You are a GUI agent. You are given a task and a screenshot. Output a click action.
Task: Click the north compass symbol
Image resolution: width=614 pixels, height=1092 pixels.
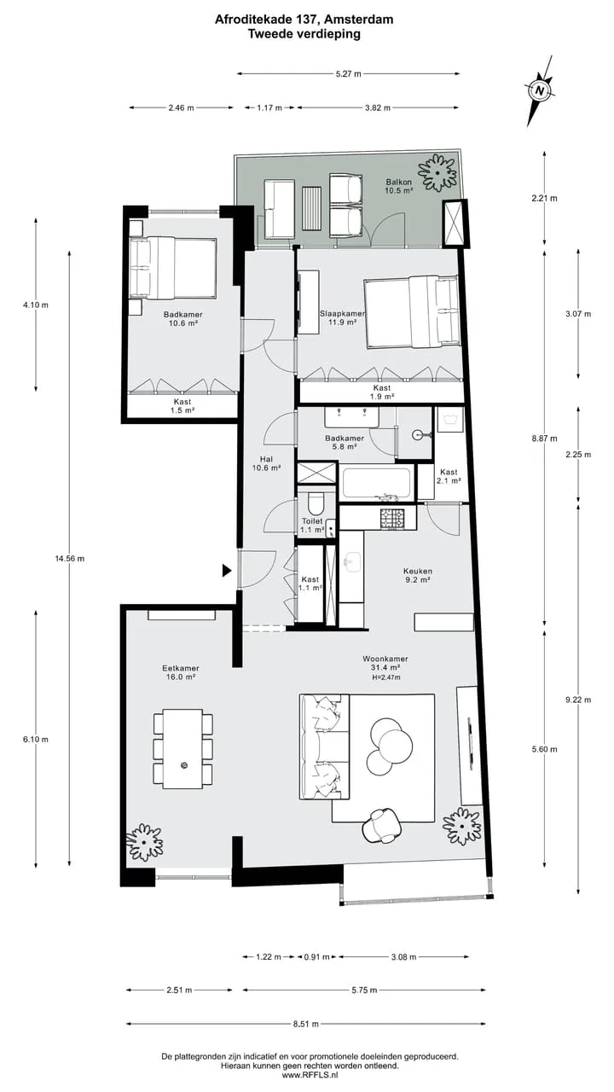tap(540, 90)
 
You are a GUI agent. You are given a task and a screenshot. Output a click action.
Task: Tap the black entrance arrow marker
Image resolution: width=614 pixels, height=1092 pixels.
tap(227, 571)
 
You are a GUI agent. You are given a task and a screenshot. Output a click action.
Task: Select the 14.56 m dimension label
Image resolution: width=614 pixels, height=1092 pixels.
tap(70, 559)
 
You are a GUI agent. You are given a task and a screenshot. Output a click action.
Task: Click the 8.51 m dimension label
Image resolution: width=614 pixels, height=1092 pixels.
tap(306, 1025)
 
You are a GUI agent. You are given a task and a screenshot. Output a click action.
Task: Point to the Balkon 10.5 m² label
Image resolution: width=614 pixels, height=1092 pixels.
tap(399, 186)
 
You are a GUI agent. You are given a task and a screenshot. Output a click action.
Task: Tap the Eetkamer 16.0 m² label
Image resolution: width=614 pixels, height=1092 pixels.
tap(181, 673)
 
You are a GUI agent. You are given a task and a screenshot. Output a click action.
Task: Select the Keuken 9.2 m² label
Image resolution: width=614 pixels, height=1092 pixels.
tap(418, 575)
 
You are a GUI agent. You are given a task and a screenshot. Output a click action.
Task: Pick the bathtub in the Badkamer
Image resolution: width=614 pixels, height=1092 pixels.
tap(376, 484)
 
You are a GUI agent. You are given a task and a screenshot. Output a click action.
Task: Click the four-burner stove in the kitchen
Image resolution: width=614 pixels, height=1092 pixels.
tap(392, 519)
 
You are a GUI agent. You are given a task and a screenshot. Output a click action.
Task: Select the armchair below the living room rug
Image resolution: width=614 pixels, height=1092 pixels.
tap(383, 825)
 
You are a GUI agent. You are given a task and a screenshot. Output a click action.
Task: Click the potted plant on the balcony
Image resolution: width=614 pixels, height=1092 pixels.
tap(437, 173)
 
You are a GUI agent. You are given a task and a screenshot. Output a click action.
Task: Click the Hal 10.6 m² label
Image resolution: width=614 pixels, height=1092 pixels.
tap(266, 463)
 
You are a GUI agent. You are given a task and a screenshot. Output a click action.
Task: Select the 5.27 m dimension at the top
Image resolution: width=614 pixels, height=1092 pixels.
tap(349, 74)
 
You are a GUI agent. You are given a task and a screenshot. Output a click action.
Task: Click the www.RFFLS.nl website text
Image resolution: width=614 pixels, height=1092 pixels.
tap(310, 1074)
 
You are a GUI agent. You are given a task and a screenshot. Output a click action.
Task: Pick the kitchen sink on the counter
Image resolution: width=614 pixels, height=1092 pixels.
tap(352, 562)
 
